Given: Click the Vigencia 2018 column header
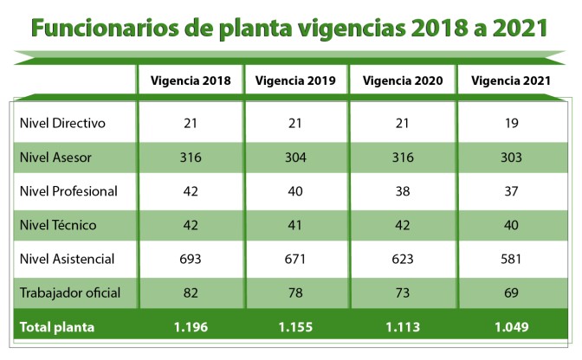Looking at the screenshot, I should coord(191,81).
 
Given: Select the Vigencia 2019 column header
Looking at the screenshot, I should coord(296,81).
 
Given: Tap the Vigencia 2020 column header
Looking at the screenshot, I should coord(403,81).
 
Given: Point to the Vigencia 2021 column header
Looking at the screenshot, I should coord(511,81).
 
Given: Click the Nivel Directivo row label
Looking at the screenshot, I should coord(62,123).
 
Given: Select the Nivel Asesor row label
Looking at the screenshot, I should coord(55,157).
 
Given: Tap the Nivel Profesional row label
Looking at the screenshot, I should coord(68,191).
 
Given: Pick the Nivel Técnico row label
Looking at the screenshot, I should coord(57,225).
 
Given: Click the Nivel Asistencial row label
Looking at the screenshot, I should coord(67,259).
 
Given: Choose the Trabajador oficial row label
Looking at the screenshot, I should coord(69,292).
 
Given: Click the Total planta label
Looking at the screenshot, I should coord(58,328).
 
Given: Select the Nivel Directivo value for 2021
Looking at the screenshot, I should coord(511,123).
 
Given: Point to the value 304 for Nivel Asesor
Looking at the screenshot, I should coord(296,157).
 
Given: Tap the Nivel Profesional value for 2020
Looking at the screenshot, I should coord(403,191).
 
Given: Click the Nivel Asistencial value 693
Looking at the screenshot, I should coord(191,259).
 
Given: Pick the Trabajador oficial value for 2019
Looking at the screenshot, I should coord(296,292).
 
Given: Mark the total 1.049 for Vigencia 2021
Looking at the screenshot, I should coord(511,328).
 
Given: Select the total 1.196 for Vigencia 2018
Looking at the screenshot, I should coord(191,328).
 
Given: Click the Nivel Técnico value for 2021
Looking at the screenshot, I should coord(511,225).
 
